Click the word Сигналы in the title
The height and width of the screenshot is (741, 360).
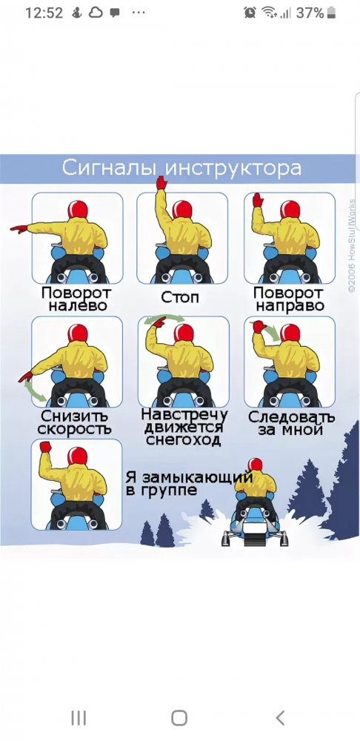point(110,167)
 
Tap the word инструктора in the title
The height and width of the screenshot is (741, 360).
point(233,168)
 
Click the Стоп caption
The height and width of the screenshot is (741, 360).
point(180,297)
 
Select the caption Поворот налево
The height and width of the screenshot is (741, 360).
point(76,299)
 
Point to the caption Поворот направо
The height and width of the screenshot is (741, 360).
point(288,299)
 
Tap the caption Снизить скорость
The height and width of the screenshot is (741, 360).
point(75,422)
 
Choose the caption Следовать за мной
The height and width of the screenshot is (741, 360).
point(291,423)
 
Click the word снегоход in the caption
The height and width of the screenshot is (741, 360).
point(183,440)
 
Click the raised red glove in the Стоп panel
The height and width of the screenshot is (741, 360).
point(161,182)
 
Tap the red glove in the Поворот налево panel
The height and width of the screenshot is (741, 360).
point(19,229)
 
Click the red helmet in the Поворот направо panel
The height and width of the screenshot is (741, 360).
point(290,209)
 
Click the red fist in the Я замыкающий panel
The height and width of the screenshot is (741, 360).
point(45,447)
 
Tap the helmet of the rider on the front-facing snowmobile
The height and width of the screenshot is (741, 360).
point(255,464)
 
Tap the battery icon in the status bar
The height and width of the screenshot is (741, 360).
point(331,13)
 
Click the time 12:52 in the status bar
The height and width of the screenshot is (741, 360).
point(44,13)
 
